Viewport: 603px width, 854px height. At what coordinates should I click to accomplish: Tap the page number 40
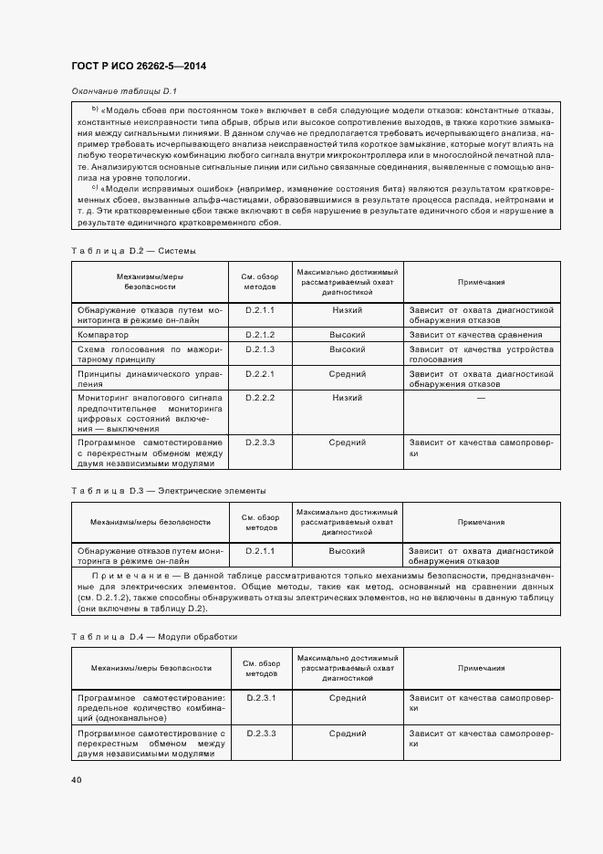76,779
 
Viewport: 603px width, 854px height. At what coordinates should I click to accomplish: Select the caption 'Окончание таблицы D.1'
123,91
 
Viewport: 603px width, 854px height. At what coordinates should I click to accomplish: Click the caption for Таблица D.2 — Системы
133,250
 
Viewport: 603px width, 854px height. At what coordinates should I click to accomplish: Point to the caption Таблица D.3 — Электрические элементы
169,491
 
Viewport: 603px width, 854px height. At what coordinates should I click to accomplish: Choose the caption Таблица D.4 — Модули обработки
153,636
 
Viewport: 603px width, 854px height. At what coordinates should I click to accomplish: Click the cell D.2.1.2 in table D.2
260,335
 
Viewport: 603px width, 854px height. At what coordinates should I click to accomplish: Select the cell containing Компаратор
103,335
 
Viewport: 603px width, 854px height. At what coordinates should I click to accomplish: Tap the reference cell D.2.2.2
260,398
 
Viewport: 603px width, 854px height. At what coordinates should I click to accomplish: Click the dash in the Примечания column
481,398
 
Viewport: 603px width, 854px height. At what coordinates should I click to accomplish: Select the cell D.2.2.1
260,373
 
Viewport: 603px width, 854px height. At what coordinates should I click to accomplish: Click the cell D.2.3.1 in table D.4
260,698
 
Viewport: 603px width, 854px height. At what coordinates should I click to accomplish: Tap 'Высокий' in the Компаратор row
347,335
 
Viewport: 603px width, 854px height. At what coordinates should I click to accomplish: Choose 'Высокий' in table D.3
347,551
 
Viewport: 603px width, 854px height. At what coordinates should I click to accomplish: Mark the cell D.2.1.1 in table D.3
260,551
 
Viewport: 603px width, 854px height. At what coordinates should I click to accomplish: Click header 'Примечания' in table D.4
481,669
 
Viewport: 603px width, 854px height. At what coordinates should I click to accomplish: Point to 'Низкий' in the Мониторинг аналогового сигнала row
347,398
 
